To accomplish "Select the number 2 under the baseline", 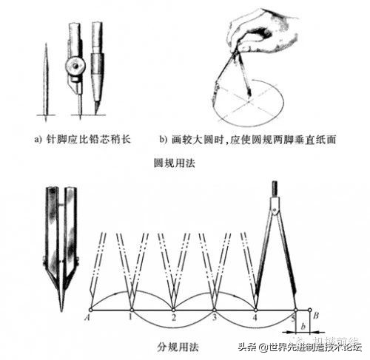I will [173, 319].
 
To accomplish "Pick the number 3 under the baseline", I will [215, 319].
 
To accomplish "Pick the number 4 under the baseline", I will [255, 319].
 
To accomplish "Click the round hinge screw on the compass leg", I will [75, 67].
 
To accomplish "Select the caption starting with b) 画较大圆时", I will [243, 138].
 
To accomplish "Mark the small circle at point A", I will [89, 309].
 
